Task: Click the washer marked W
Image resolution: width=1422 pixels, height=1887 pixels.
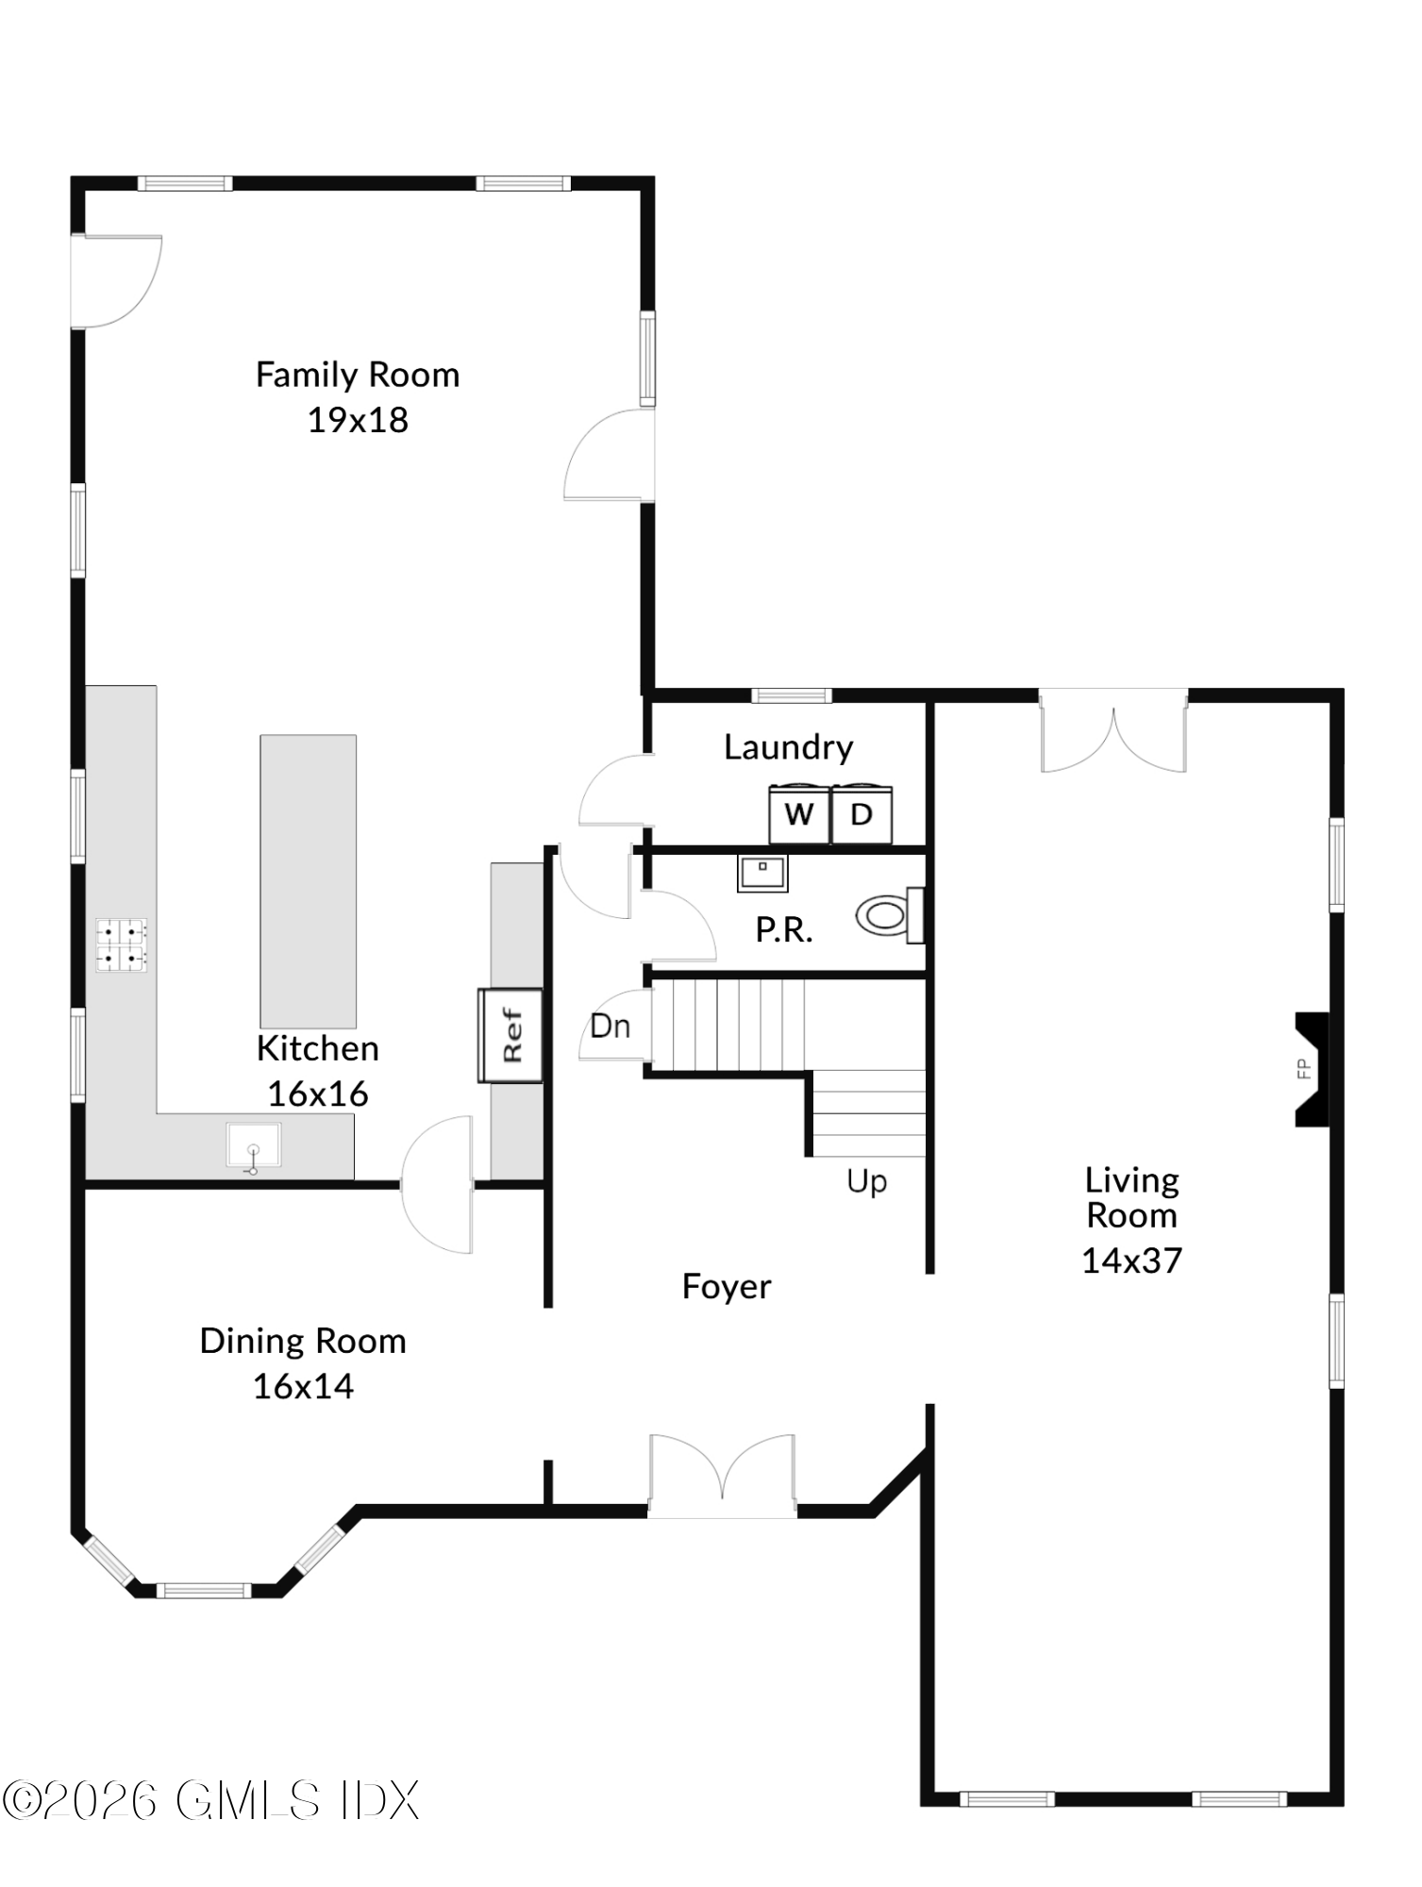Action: point(798,813)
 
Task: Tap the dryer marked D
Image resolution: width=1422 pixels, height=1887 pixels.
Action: point(862,813)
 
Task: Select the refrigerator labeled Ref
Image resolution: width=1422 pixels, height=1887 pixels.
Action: point(511,1035)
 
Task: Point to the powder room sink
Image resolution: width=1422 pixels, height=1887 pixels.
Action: point(762,873)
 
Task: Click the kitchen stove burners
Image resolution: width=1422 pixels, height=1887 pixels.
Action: point(122,945)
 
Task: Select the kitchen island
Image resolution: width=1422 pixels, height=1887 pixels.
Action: point(309,881)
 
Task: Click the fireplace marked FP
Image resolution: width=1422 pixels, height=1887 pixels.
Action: point(1311,1069)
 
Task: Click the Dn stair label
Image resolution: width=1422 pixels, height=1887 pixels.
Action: point(610,1027)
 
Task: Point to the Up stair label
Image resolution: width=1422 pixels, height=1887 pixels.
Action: point(866,1181)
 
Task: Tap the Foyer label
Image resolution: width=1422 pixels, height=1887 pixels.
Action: point(726,1287)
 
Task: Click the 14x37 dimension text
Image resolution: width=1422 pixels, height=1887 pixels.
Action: point(1131,1261)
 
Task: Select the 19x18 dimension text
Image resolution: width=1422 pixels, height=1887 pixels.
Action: point(358,420)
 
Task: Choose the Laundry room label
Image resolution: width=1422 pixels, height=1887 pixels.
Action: point(788,747)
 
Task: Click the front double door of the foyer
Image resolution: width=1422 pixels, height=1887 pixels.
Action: point(722,1477)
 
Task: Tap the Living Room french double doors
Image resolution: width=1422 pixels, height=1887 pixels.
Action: point(1113,731)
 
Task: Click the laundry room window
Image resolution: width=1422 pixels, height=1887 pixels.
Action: point(792,696)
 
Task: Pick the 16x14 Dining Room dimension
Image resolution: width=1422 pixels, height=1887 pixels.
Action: point(303,1386)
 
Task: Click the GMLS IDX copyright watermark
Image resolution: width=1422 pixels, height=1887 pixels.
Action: point(209,1801)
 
